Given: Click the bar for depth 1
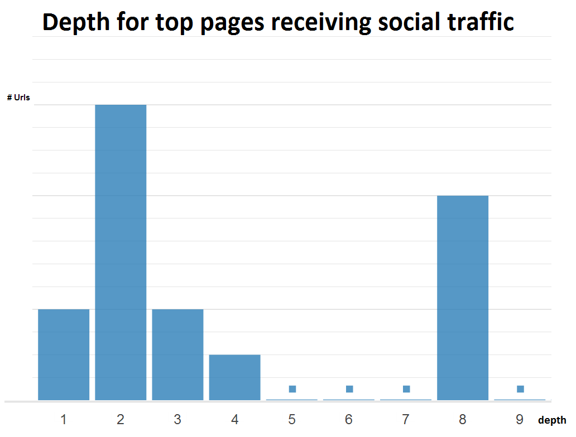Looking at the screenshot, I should tap(64, 355).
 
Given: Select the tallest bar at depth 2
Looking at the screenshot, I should tap(121, 252).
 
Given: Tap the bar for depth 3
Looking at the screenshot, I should tap(177, 355).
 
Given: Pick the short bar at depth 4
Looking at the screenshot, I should tap(234, 377).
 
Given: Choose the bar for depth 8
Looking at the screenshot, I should tap(463, 298).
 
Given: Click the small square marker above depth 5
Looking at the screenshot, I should tap(292, 389).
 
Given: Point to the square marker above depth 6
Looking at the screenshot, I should tap(349, 389).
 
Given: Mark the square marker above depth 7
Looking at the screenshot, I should tap(406, 389).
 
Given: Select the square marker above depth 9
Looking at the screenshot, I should tap(520, 389).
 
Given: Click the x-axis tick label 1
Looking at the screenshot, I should tap(64, 420).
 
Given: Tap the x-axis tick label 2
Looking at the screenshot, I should tap(121, 420).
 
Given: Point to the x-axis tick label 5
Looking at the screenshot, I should tap(292, 420).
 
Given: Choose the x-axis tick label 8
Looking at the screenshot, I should tap(463, 420).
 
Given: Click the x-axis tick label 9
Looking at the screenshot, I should tap(520, 420).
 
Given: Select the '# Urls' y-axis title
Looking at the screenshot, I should tap(18, 98).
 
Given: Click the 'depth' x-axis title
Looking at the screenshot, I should tap(552, 420).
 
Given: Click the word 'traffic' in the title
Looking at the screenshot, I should tap(485, 22).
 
